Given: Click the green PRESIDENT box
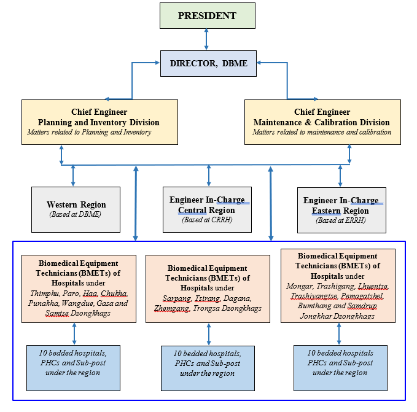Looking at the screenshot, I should click(207, 15).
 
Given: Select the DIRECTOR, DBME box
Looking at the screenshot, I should click(208, 63).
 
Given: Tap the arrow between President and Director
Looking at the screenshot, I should click(207, 39).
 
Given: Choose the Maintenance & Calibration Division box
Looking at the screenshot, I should click(322, 122).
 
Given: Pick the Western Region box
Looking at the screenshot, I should click(76, 209).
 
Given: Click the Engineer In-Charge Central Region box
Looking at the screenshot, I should click(207, 209).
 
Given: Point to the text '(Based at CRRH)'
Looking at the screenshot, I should click(206, 220).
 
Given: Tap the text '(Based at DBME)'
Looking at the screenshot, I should click(76, 214).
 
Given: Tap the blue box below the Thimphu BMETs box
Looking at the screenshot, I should click(73, 368).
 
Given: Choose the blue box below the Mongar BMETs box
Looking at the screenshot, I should click(340, 367).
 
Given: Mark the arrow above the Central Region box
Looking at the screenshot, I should click(208, 176).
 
